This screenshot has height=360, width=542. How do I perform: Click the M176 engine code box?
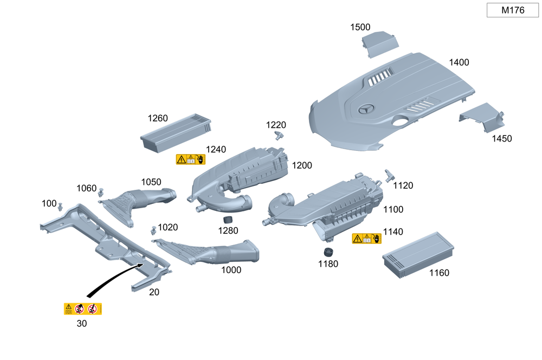pos(512,10)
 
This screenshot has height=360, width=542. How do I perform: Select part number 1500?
pos(360,27)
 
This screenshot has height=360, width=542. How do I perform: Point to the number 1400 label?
pos(459,62)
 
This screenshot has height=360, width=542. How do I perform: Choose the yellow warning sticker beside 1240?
pos(190,159)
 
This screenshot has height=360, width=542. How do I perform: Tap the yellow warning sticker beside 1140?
pos(366,239)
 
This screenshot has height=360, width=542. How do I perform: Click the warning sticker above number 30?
pos(83,309)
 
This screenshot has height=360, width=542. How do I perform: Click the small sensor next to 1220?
pos(279,134)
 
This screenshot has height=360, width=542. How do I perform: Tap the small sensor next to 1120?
pos(389,175)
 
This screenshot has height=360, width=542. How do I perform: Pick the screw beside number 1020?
pos(154,230)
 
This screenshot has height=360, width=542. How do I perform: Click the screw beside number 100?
pos(60,206)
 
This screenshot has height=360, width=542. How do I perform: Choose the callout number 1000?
pos(231,269)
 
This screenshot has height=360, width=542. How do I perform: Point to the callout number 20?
pos(154,292)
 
